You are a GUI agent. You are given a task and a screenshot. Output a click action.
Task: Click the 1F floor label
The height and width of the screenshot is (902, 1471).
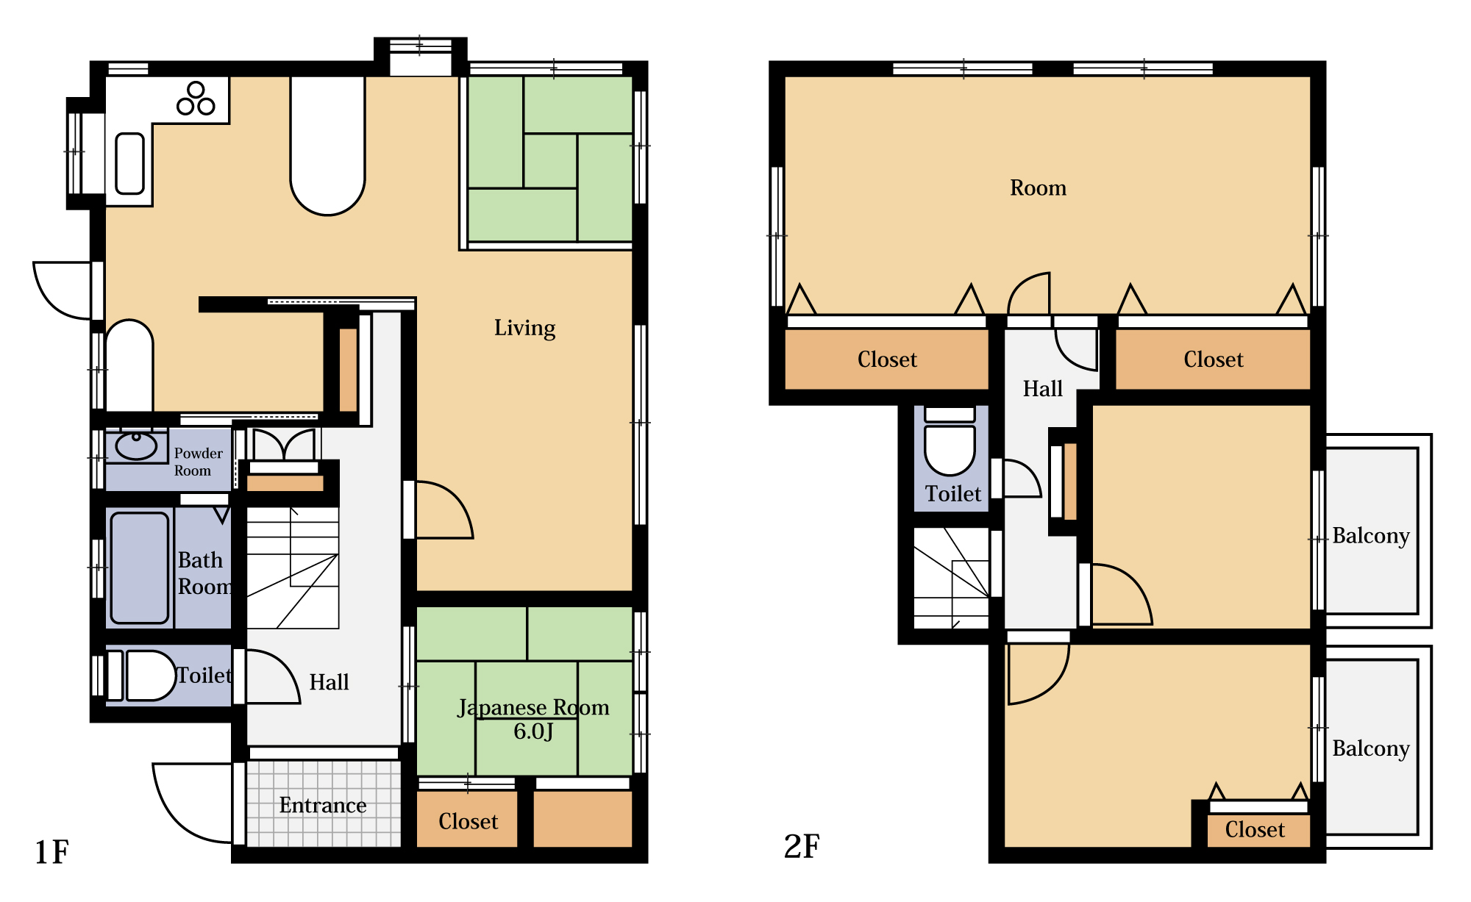coord(51,852)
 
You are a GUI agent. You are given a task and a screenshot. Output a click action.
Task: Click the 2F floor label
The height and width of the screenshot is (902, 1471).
coord(802,846)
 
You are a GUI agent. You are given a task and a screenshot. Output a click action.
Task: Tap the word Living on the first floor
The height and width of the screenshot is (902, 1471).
coord(524,328)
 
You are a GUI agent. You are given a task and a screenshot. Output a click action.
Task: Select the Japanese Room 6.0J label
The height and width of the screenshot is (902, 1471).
coord(533,719)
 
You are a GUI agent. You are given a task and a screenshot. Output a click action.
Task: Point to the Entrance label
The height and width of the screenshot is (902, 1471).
coord(323,805)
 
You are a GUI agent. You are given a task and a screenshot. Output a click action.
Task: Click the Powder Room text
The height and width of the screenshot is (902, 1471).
coord(198,462)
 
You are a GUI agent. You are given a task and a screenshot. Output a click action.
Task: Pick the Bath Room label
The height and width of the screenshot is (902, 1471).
coord(204,573)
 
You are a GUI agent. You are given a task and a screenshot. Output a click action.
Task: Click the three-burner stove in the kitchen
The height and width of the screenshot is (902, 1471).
coord(196,99)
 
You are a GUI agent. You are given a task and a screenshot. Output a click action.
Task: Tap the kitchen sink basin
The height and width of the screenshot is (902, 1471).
coord(130,163)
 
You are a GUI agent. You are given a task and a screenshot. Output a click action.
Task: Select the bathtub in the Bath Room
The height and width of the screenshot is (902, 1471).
coord(140,568)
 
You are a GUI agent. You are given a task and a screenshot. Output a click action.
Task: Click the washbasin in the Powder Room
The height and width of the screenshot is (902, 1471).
coord(136,445)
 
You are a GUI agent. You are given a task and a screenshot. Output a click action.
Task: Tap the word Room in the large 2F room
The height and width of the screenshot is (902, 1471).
coord(1038,188)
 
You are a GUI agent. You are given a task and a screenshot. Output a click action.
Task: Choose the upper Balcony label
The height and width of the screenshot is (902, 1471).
coord(1371,536)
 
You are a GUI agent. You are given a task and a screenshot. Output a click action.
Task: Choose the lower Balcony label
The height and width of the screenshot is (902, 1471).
coord(1371,748)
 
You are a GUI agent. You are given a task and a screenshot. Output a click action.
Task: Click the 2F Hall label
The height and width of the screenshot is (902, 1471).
coord(1043,389)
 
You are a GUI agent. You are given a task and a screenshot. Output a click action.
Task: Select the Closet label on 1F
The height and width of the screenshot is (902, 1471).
coord(468,821)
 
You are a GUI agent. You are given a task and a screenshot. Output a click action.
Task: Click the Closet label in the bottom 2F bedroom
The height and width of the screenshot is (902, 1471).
coord(1255,830)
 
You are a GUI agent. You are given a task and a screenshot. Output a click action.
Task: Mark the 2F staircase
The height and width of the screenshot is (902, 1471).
coord(951,578)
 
